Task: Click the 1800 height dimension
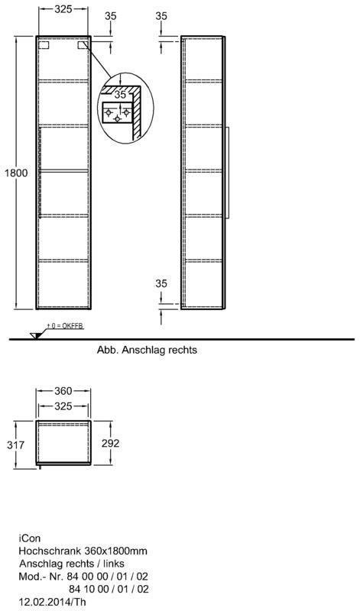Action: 16,173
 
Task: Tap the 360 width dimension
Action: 63,390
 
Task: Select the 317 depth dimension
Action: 15,445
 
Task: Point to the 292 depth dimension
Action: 111,443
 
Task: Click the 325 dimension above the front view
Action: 63,9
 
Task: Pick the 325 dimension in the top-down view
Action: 63,406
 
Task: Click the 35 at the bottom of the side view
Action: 161,283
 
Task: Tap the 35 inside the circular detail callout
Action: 121,94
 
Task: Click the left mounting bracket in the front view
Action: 44,45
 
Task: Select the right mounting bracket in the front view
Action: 83,45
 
